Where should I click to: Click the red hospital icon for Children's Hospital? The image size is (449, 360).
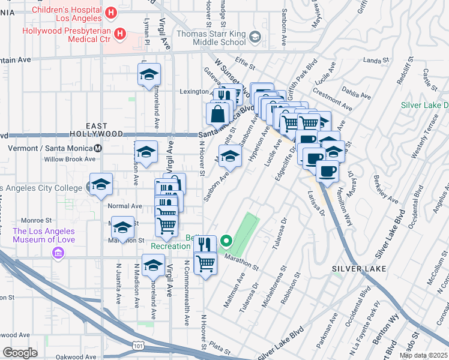[x=110, y=13]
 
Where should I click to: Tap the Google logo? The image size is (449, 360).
[x=20, y=353]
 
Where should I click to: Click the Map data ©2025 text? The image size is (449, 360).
[x=423, y=355]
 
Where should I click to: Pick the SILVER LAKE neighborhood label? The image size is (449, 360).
[x=358, y=269]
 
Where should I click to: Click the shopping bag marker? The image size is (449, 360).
[x=219, y=113]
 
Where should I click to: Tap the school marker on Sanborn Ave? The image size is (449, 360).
[x=228, y=157]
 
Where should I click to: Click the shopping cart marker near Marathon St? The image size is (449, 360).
[x=205, y=263]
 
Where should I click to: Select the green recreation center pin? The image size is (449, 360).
[x=226, y=242]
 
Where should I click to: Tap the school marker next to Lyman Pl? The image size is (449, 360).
[x=149, y=75]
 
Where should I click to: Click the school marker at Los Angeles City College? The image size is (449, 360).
[x=101, y=184]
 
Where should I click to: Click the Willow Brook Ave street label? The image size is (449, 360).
[x=70, y=160]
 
